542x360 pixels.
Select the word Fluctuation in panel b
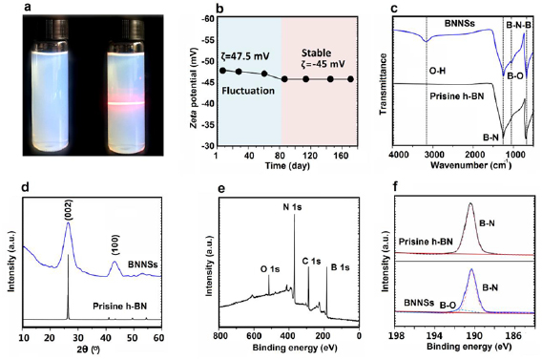249,91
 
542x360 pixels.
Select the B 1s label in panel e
336,259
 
